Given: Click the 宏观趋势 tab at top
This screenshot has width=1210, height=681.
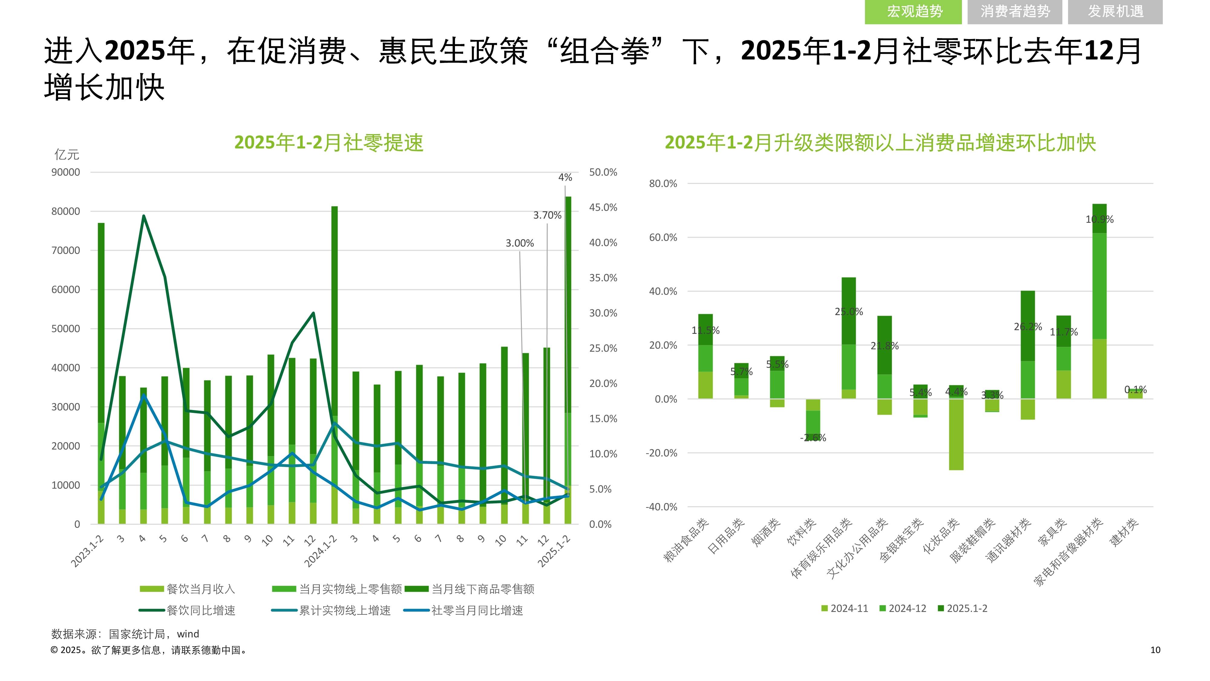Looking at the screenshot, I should (x=914, y=11).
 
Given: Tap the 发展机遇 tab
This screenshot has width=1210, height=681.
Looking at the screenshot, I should (x=1115, y=11).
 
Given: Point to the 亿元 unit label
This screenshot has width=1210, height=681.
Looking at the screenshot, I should (x=67, y=154).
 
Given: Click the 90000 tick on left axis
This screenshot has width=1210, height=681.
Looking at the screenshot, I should (x=65, y=172).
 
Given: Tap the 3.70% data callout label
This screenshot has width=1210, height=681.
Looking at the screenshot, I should (x=547, y=215).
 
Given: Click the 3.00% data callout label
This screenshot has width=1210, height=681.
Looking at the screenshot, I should (x=519, y=243).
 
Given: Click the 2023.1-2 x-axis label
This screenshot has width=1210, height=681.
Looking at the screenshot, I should (x=87, y=551).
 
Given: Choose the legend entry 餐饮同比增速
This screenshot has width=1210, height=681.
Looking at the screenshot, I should (x=201, y=610).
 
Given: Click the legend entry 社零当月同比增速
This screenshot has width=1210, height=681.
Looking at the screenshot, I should (x=476, y=610).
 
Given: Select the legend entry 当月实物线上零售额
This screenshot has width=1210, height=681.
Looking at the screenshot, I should (x=350, y=589).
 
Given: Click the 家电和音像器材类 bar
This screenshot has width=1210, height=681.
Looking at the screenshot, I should (x=1099, y=301).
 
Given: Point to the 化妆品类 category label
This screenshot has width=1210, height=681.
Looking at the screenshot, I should (x=941, y=536).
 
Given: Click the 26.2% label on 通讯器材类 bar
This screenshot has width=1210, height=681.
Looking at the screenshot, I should (x=1028, y=326).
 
